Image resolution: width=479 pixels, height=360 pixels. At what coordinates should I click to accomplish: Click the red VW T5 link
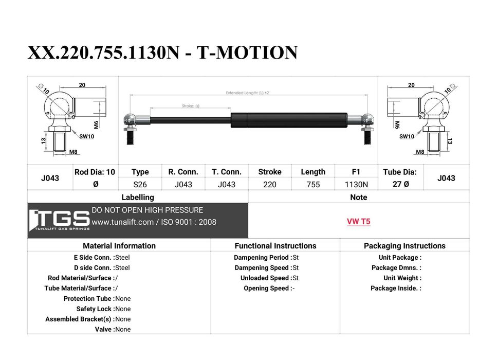[358, 221]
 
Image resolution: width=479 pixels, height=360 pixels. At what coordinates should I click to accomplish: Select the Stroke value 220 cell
[270, 185]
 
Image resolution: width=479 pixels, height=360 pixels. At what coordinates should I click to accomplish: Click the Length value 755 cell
[313, 185]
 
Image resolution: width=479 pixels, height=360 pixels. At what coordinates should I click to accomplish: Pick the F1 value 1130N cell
[356, 185]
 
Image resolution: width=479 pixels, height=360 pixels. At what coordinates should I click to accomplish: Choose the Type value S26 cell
[140, 185]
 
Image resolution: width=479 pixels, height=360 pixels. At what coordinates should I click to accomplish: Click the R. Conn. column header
[183, 172]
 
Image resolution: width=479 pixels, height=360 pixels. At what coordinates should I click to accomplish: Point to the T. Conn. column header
[227, 172]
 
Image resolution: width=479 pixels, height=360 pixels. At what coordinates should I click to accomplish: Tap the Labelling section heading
[138, 197]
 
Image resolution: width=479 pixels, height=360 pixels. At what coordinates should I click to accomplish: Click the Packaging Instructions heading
[404, 246]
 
